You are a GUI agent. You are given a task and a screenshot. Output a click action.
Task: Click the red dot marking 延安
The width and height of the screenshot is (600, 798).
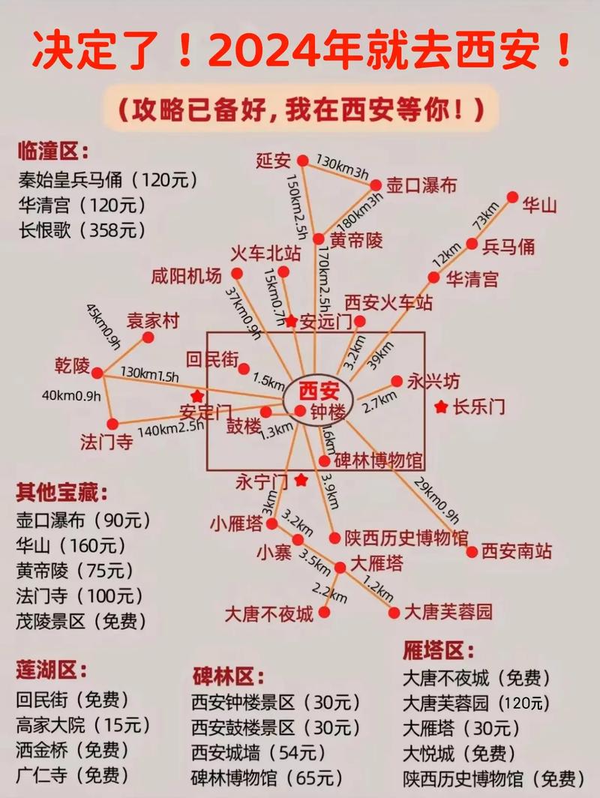[x=302, y=160]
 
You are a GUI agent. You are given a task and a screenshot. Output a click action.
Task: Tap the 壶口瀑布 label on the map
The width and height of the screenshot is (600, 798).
[x=421, y=185]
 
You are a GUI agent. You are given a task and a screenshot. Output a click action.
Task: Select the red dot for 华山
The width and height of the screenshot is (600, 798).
[x=512, y=197]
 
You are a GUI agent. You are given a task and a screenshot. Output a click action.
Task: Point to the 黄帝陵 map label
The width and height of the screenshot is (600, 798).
[x=355, y=241]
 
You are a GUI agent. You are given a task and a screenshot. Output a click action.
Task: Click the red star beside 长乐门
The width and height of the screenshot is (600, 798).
[x=441, y=406]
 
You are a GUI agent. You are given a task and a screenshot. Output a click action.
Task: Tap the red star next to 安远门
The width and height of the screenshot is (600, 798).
[x=291, y=321]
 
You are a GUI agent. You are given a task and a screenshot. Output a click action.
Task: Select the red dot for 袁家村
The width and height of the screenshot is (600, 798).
[x=148, y=337]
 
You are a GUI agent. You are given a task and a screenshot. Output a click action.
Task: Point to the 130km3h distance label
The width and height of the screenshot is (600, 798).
[x=342, y=168]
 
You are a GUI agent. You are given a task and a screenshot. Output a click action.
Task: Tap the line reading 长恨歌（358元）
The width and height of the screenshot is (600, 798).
[x=82, y=229]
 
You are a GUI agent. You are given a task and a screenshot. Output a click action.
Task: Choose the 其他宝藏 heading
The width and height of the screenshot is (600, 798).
[x=61, y=493]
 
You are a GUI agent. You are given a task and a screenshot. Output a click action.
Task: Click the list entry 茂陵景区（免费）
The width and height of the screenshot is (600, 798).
[x=82, y=621]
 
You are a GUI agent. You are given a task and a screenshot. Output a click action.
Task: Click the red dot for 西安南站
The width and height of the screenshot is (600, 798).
[x=472, y=552]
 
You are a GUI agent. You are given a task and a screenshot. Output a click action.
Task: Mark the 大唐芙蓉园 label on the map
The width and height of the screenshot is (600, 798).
[x=448, y=612]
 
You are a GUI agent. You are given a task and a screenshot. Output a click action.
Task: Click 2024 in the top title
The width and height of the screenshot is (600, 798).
[x=251, y=51]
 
